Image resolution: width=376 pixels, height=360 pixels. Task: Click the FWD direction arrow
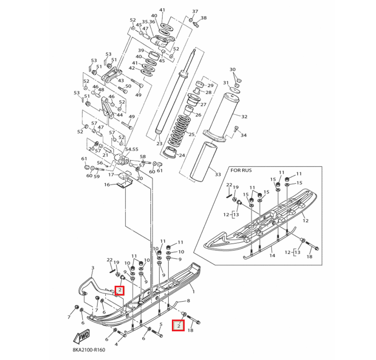click(82, 337)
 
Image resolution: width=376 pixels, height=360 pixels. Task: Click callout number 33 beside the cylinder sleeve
click(218, 175)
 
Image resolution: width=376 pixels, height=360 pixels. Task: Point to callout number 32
click(244, 117)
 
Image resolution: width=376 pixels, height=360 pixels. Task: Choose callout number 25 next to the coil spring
click(192, 134)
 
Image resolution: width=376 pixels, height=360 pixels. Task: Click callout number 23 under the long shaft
click(159, 144)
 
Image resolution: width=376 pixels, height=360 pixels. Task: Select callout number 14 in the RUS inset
click(272, 255)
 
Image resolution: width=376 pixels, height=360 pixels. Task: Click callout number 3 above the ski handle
click(93, 268)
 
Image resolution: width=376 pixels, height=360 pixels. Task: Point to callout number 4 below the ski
click(116, 344)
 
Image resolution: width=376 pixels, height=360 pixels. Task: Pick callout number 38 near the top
click(204, 18)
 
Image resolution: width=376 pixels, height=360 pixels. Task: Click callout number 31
click(226, 82)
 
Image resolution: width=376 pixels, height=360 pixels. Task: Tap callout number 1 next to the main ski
click(193, 291)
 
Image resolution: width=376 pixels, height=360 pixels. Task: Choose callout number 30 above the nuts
click(232, 69)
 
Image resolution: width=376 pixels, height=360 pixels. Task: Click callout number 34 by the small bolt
click(244, 135)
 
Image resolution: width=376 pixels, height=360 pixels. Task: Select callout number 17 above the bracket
click(110, 175)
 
